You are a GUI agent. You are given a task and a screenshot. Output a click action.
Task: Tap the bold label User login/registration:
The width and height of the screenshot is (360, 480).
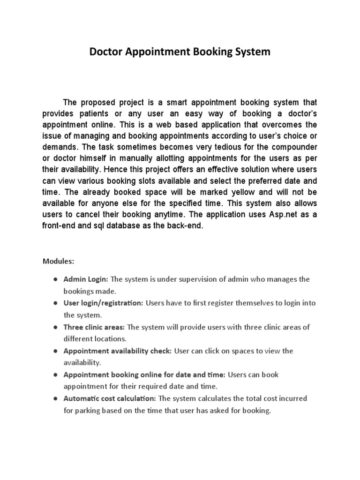click(x=103, y=303)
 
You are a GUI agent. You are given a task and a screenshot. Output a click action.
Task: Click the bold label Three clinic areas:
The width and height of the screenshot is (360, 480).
click(x=94, y=327)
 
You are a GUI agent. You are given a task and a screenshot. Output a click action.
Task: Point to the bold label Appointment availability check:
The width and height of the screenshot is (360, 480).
click(x=118, y=351)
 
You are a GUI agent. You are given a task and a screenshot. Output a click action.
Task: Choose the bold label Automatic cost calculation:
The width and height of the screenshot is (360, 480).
click(x=110, y=399)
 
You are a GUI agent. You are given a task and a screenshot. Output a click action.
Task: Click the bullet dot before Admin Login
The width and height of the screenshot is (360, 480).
click(x=55, y=279)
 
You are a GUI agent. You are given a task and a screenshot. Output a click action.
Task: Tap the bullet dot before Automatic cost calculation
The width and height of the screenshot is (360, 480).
click(x=55, y=399)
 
